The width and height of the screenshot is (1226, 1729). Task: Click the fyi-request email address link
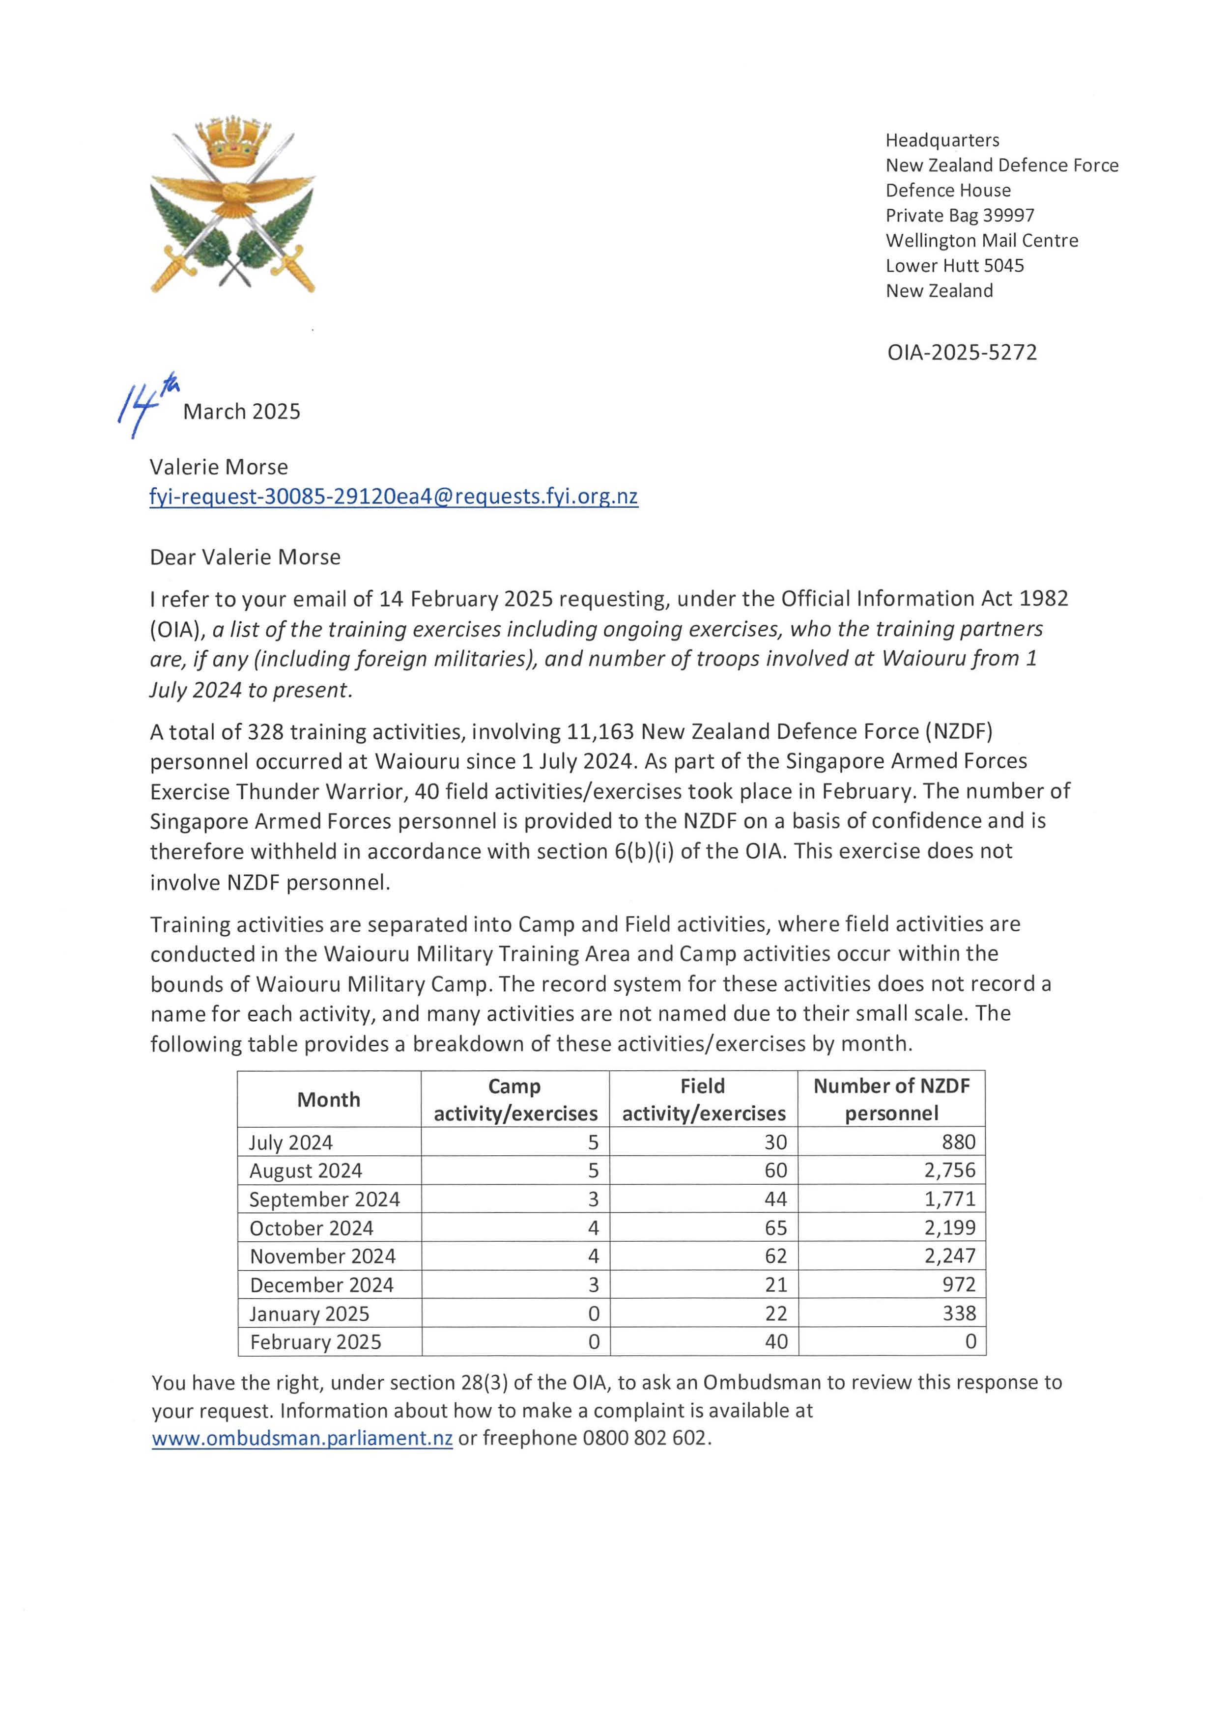[x=393, y=497]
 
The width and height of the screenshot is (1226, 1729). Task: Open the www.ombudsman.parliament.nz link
[x=302, y=1438]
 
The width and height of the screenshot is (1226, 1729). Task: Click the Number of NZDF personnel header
[x=891, y=1100]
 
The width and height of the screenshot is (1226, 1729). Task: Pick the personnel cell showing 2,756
[x=950, y=1171]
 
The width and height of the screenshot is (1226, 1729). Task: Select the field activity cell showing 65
[x=775, y=1228]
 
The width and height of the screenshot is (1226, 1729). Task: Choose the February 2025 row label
[x=315, y=1342]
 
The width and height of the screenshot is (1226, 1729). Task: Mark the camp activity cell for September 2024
[x=594, y=1199]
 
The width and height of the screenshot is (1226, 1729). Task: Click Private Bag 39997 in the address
[x=960, y=215]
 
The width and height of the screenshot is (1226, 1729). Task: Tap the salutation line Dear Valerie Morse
[x=245, y=557]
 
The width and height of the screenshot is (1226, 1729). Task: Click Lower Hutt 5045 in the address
[x=954, y=266]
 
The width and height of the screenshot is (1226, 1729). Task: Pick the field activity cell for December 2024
[x=775, y=1284]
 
